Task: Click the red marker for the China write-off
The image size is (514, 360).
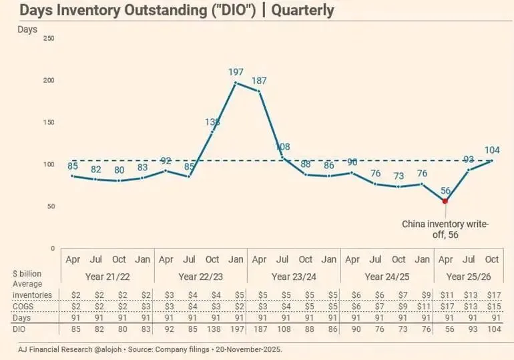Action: click(445, 200)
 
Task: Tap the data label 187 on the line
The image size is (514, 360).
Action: click(259, 80)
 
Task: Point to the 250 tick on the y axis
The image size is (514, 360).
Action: click(48, 38)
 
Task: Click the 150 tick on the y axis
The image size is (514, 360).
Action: click(48, 122)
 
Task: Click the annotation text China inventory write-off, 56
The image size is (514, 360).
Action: click(445, 229)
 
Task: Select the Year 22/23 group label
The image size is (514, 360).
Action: click(200, 276)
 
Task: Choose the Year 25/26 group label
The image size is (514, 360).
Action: click(469, 276)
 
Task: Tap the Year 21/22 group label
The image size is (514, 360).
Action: click(107, 276)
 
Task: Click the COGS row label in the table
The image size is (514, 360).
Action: click(25, 305)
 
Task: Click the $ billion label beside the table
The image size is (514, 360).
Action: click(27, 274)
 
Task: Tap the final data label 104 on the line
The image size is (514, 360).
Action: click(492, 150)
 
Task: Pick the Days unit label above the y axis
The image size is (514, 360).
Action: click(27, 29)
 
